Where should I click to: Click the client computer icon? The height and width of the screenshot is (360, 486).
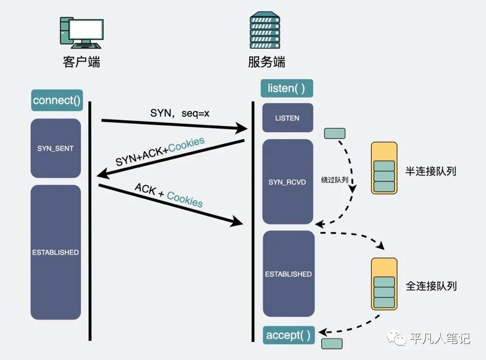click(x=81, y=34)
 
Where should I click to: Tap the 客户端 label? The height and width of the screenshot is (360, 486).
click(x=82, y=62)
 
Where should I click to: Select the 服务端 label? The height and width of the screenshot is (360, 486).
click(x=267, y=62)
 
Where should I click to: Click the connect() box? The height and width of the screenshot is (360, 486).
click(x=56, y=101)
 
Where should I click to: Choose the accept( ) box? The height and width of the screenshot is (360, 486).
click(x=288, y=335)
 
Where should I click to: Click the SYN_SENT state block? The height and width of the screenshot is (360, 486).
click(x=55, y=148)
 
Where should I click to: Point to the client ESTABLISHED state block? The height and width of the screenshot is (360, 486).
click(x=55, y=252)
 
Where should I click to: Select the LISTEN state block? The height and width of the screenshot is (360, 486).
click(x=287, y=118)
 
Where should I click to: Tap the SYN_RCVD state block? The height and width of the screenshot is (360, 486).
click(x=287, y=182)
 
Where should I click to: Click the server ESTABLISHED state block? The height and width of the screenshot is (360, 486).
click(x=288, y=274)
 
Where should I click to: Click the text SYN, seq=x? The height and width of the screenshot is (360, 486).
click(x=179, y=113)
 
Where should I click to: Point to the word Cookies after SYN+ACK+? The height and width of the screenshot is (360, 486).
click(x=186, y=145)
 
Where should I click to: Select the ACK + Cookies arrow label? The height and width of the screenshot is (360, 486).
click(x=169, y=194)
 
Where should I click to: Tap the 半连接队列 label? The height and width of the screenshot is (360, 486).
click(x=431, y=171)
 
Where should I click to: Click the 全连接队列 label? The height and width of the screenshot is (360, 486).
click(x=431, y=286)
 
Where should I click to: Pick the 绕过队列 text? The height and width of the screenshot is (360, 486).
click(x=335, y=179)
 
